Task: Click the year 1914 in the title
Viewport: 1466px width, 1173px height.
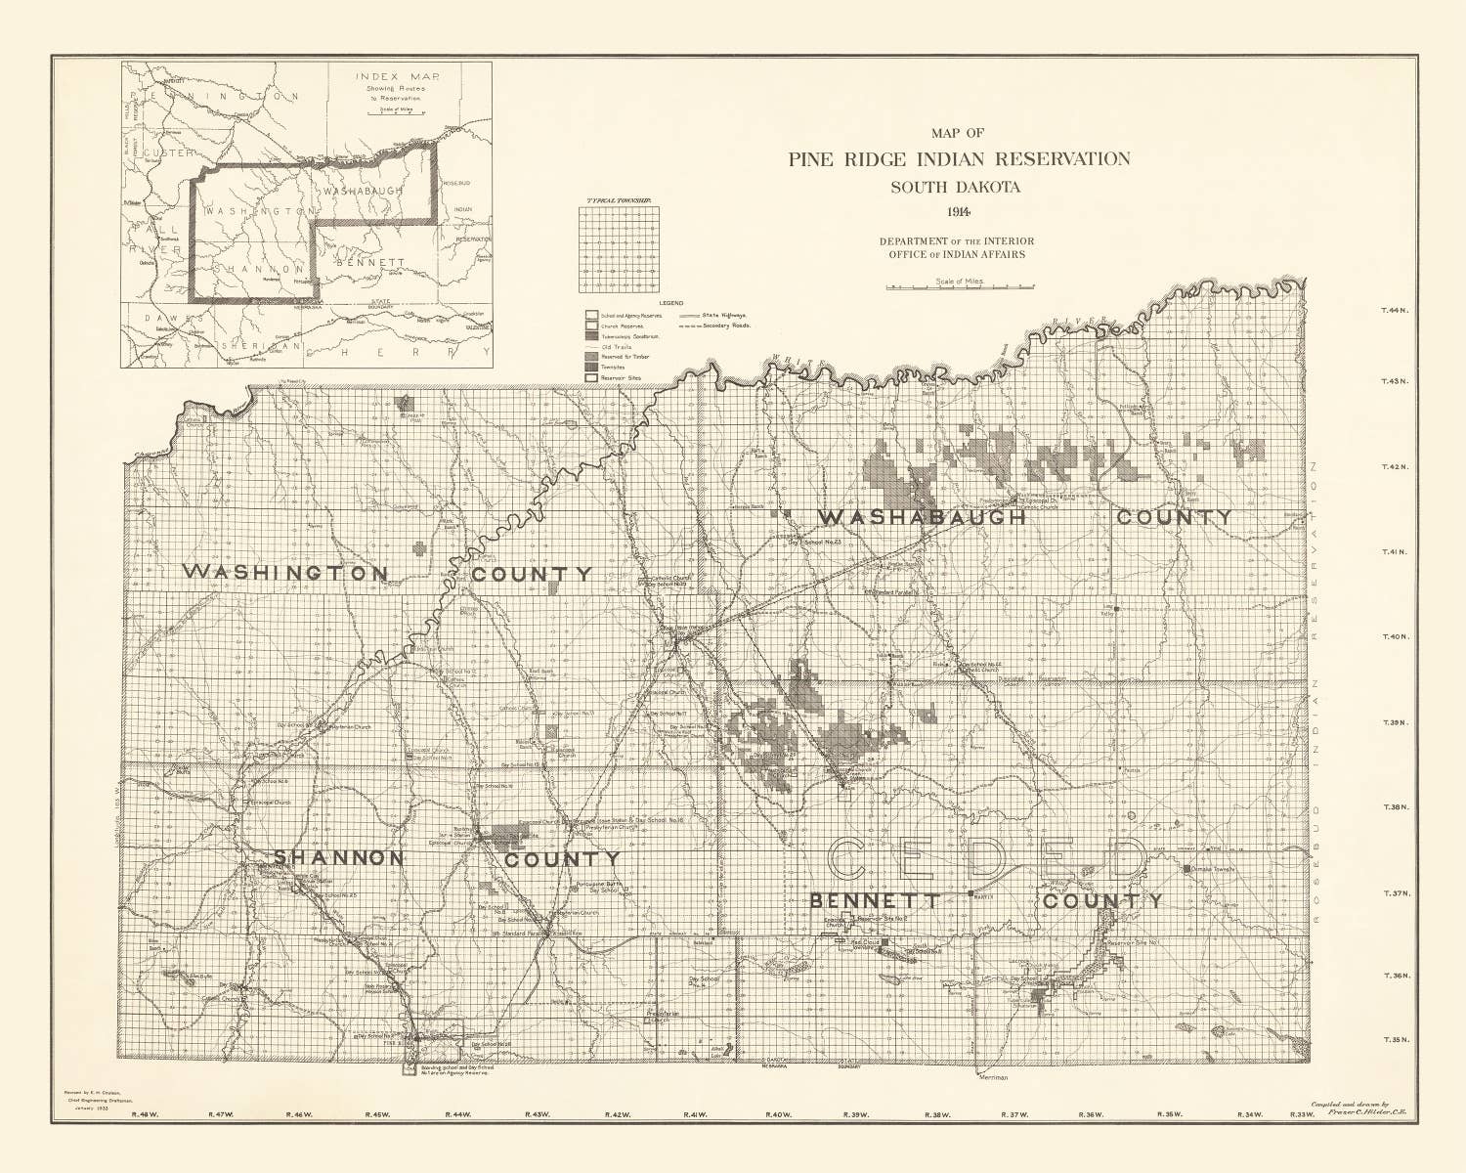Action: (959, 212)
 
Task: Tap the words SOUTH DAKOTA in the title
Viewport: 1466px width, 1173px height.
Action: (959, 187)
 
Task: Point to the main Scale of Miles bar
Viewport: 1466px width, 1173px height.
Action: (960, 288)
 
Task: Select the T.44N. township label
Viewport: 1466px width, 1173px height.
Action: (1393, 311)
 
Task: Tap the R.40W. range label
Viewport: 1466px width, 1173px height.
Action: (778, 1114)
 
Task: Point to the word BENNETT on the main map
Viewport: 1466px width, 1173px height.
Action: (875, 900)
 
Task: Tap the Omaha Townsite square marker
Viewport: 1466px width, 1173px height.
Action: (1186, 868)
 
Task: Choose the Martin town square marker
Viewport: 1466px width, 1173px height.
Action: (970, 893)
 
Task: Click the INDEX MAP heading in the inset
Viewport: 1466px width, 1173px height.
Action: (389, 76)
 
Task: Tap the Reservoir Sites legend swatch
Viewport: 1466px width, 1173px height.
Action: (591, 377)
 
